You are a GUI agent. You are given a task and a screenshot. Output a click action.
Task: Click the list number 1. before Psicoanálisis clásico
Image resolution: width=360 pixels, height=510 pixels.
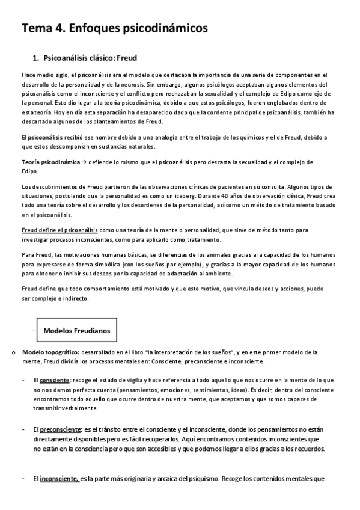tap(35, 58)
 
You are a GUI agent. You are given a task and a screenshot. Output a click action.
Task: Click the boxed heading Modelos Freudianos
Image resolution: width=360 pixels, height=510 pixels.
tap(75, 331)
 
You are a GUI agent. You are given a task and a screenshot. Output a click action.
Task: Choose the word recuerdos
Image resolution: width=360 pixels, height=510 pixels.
tap(307, 449)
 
